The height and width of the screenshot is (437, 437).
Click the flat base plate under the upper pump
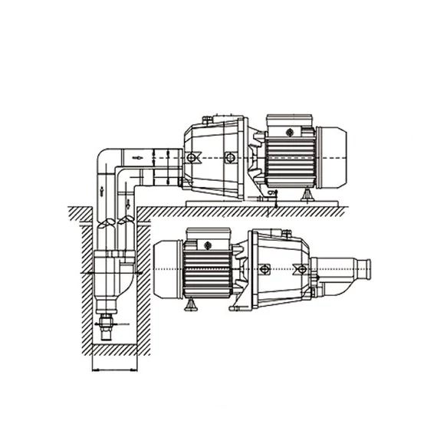pyautogui.click(x=261, y=203)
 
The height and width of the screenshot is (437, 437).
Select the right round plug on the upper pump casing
pyautogui.click(x=228, y=157)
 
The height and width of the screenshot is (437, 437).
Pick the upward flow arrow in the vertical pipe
pyautogui.click(x=100, y=188)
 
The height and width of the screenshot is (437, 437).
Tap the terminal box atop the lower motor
pyautogui.click(x=208, y=243)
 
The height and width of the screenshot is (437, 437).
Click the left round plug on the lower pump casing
pyautogui.click(x=264, y=268)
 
